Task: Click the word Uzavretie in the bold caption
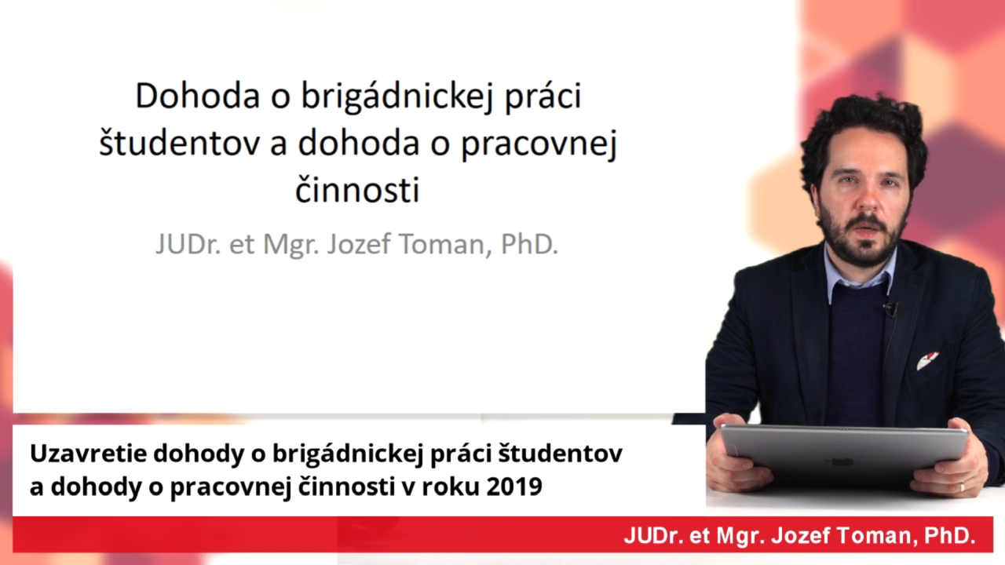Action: (x=89, y=454)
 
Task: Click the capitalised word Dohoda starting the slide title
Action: (x=197, y=96)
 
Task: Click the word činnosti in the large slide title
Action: (x=357, y=190)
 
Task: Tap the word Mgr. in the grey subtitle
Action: (x=291, y=246)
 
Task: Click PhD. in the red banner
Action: (x=950, y=535)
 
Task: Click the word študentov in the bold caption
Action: (x=561, y=454)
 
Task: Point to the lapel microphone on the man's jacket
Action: (x=890, y=309)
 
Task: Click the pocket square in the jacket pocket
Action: (x=927, y=360)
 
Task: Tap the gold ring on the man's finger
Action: (x=962, y=487)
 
